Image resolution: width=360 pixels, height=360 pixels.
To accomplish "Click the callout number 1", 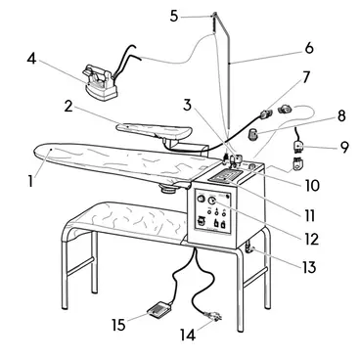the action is [x=30, y=181].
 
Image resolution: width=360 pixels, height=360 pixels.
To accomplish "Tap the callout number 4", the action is [x=31, y=59].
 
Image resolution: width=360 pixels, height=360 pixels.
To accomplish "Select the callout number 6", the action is [x=309, y=48].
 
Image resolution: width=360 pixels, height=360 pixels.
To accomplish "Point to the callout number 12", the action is [x=310, y=239].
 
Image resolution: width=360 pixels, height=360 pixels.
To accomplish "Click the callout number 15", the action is [x=118, y=325].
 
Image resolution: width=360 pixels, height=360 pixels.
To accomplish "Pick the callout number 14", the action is [x=188, y=335].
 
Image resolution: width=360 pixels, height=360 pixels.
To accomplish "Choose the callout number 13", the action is [x=309, y=267].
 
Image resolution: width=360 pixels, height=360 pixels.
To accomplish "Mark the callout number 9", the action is [x=344, y=147].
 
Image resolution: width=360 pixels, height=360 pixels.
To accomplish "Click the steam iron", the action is [x=101, y=82].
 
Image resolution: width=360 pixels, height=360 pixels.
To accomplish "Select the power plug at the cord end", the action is [x=213, y=316].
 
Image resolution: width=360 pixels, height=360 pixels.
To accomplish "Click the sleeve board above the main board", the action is [x=155, y=131].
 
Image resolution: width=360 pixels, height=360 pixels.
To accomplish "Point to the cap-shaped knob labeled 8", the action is [x=253, y=134].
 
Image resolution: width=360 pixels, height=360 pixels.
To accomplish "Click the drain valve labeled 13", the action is [x=249, y=249].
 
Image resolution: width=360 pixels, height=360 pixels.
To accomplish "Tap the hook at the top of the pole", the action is [x=214, y=15].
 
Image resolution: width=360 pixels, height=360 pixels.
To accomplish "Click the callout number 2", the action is [x=68, y=106].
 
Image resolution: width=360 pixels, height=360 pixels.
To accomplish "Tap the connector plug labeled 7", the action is [x=266, y=113].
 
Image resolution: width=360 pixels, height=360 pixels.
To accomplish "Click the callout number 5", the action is [x=174, y=16].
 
